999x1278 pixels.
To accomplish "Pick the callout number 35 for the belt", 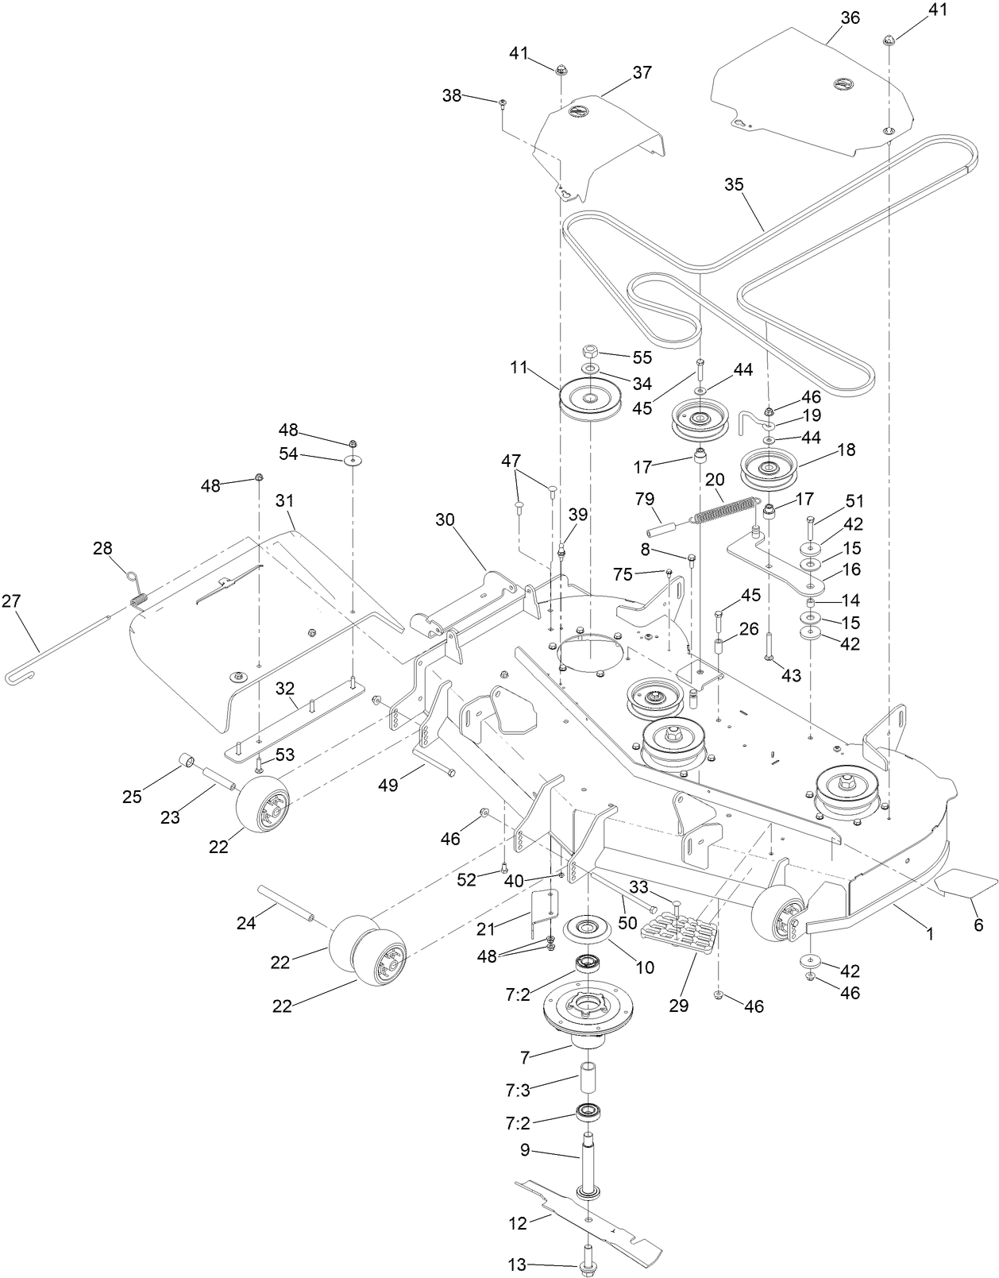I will (735, 184).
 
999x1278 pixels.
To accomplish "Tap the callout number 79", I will (644, 499).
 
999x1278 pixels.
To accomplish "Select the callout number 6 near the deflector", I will (978, 925).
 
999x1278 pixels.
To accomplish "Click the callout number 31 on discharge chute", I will (284, 500).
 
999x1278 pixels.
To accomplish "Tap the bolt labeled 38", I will (503, 103).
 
